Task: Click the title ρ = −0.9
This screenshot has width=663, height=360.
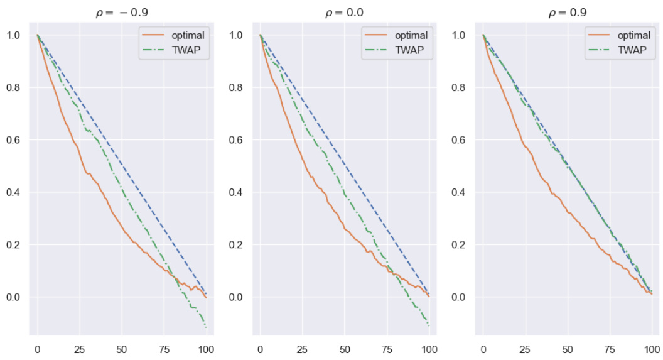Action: pyautogui.click(x=121, y=13)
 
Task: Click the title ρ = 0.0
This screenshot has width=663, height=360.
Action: pyautogui.click(x=344, y=13)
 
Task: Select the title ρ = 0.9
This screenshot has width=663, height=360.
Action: pyautogui.click(x=567, y=13)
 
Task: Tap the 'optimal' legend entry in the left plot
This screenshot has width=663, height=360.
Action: pyautogui.click(x=188, y=35)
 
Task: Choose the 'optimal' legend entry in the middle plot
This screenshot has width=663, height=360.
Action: pyautogui.click(x=411, y=35)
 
